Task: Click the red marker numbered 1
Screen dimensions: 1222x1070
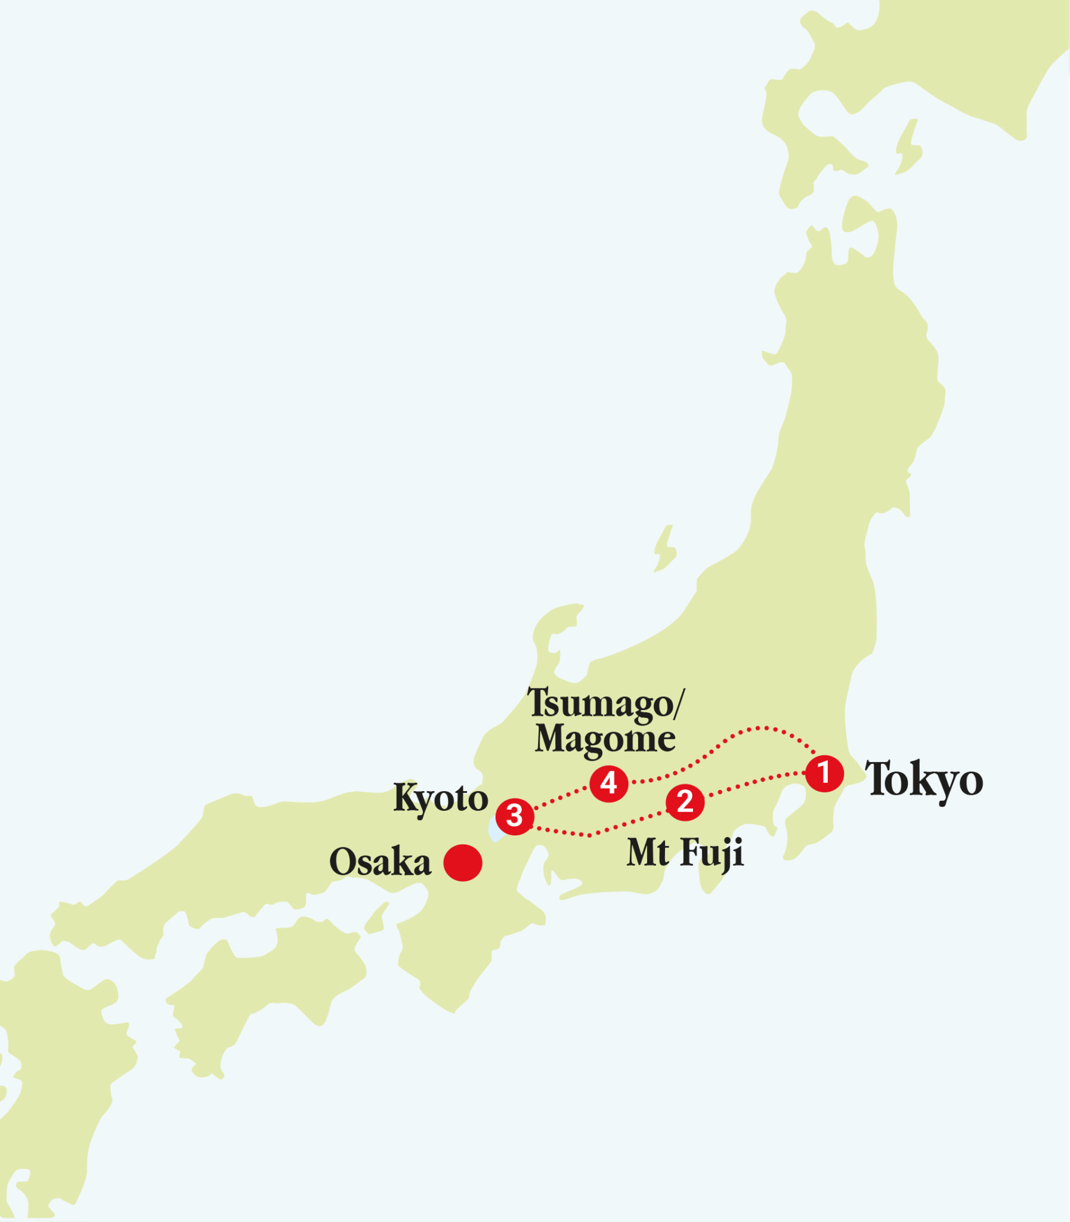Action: coord(824,773)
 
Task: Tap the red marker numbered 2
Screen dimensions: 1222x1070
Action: coord(685,802)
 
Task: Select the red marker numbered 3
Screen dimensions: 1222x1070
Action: coord(515,816)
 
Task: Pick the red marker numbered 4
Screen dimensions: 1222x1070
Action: coord(608,783)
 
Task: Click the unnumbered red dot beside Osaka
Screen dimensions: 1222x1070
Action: coord(463,862)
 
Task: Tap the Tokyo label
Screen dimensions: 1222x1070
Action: coord(924,780)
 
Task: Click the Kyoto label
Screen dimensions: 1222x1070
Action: coord(441,798)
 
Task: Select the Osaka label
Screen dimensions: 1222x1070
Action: coord(380,862)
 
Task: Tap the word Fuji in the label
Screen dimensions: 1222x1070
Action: coord(712,853)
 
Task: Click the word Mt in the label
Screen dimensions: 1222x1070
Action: coord(647,853)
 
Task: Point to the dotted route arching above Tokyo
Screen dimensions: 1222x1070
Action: coord(758,728)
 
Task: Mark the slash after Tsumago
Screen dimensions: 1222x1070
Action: coord(679,703)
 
